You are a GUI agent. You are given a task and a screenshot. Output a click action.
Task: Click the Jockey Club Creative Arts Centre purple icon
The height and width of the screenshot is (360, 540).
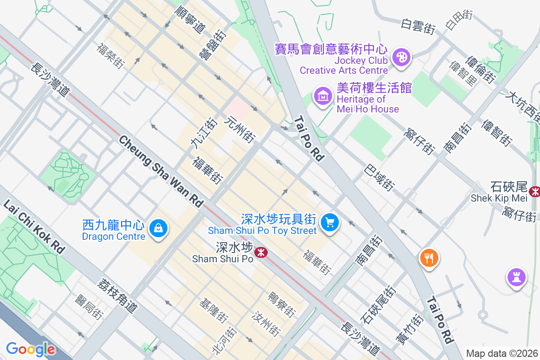pyautogui.click(x=400, y=58)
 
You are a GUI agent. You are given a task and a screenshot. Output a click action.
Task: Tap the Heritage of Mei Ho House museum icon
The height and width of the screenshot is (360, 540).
pyautogui.click(x=323, y=95)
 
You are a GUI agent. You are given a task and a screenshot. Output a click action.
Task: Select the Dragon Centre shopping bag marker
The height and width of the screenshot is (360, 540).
pyautogui.click(x=158, y=228)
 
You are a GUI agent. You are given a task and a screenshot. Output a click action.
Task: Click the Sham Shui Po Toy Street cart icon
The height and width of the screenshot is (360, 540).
pyautogui.click(x=330, y=222)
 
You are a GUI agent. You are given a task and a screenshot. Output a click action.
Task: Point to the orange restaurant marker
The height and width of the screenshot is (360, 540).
pyautogui.click(x=429, y=258)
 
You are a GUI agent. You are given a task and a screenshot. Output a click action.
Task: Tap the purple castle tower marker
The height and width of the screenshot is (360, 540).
pyautogui.click(x=516, y=276)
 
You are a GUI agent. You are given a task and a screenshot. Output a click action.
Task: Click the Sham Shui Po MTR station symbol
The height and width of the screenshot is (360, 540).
pyautogui.click(x=260, y=252)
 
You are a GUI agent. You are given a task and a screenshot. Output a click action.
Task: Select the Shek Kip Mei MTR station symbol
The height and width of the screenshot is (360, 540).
pyautogui.click(x=535, y=192)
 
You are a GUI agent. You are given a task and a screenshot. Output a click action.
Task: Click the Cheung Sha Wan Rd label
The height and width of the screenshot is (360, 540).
pyautogui.click(x=161, y=171)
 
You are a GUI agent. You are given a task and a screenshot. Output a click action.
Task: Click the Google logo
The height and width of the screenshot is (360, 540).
pyautogui.click(x=30, y=349)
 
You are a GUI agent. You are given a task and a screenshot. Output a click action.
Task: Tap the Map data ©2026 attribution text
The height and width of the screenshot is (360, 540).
pyautogui.click(x=501, y=353)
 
